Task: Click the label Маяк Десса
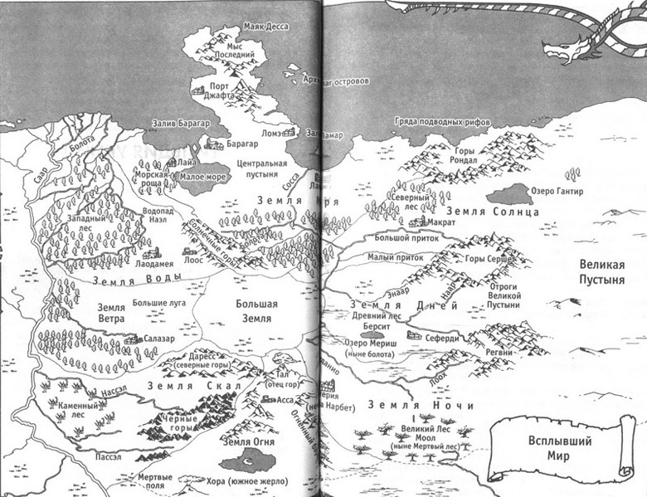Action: pos(263,27)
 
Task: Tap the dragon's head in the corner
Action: pos(564,49)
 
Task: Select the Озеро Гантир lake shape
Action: pos(509,194)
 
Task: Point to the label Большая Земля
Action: pos(256,310)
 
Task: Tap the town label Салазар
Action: pos(158,340)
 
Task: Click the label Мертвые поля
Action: pos(156,482)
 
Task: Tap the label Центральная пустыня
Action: pos(261,169)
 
